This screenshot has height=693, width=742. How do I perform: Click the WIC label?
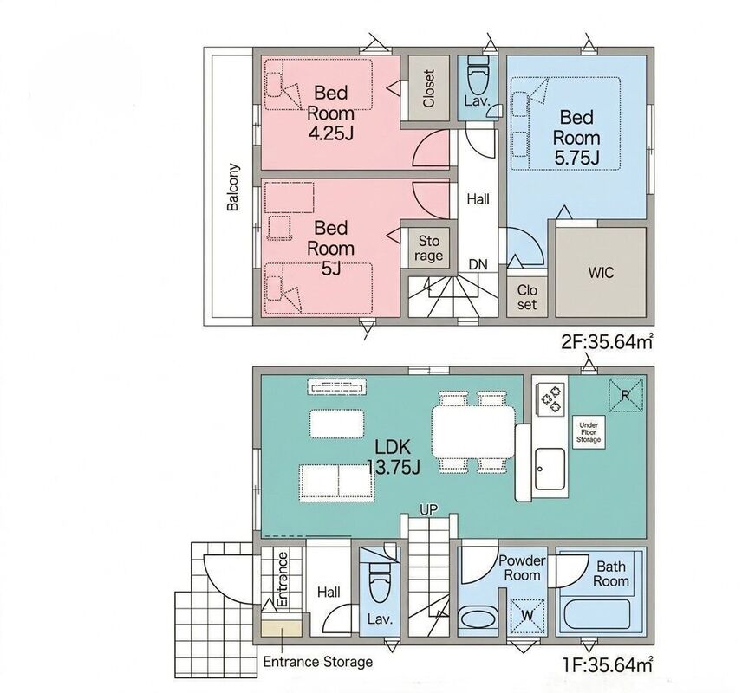601,273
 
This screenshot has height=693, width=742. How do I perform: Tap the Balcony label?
232,187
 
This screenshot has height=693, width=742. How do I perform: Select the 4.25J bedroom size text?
331,134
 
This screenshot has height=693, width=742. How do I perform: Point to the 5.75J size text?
576,158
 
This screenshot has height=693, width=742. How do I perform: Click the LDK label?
393,446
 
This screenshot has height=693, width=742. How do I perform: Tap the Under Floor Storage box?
589,432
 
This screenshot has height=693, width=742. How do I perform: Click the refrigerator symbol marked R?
625,395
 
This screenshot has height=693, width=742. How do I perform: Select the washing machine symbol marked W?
527,616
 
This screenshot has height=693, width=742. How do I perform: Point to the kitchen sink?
550,470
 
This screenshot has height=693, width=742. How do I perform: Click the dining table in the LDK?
472,431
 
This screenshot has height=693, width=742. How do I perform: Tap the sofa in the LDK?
336,482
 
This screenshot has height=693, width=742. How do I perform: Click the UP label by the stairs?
428,509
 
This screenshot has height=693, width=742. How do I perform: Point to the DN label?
478,264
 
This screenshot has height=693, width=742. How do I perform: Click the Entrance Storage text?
318,661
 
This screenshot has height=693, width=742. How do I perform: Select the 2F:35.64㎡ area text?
608,341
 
